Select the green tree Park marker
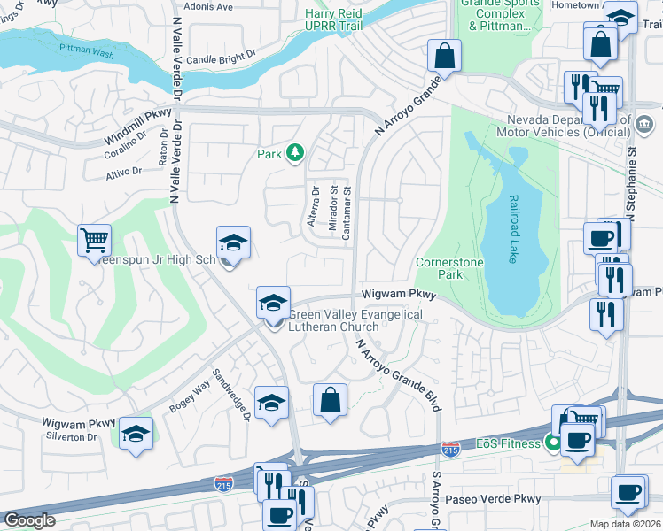(293, 154)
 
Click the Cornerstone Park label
(440, 268)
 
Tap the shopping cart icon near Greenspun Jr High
(94, 239)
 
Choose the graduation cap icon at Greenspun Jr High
(233, 242)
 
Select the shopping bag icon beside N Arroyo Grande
(444, 55)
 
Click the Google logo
(29, 519)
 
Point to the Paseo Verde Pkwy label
(499, 499)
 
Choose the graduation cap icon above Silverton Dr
(136, 434)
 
